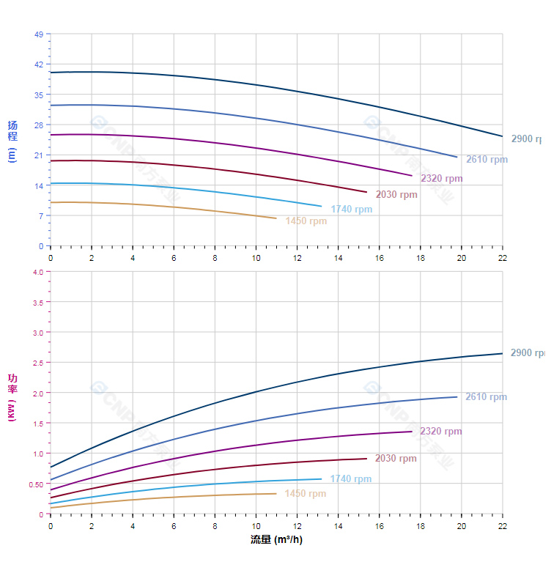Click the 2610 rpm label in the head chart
(x=487, y=160)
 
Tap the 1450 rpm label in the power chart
(x=306, y=494)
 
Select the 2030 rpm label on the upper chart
(x=396, y=195)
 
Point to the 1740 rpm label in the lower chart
(x=351, y=479)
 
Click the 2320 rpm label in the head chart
(x=442, y=179)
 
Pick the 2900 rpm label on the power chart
(x=528, y=353)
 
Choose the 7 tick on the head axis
(x=40, y=216)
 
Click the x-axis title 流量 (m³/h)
(x=276, y=540)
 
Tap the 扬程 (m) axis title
(x=12, y=141)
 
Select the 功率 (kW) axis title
(x=12, y=397)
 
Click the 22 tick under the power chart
(x=503, y=526)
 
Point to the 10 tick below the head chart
(x=256, y=258)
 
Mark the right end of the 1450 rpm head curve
(x=276, y=218)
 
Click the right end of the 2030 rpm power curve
(x=366, y=459)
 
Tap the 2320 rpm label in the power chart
(x=441, y=432)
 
